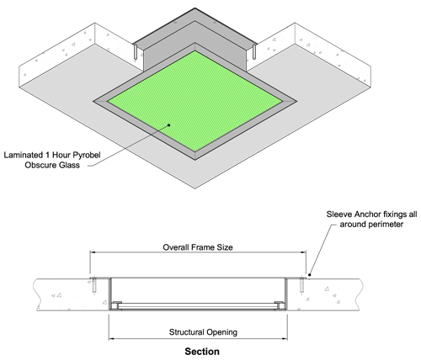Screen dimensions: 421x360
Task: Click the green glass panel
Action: [195, 101]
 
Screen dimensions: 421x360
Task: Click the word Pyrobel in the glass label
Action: [87, 155]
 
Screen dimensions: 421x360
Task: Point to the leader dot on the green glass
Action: [169, 125]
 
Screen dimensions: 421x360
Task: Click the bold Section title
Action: [202, 352]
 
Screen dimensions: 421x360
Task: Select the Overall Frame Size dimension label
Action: [198, 247]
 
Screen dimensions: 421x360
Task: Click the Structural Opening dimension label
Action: [203, 332]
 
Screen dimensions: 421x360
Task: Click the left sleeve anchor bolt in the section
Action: [94, 285]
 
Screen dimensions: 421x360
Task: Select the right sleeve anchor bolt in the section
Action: [302, 285]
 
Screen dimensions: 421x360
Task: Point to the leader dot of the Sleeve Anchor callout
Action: [310, 274]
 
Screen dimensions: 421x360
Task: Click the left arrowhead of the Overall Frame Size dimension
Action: [93, 252]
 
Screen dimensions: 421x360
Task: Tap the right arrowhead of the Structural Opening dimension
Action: [285, 339]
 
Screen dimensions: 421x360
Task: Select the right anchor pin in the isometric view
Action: [254, 52]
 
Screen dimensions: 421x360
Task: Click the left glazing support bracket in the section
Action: [117, 305]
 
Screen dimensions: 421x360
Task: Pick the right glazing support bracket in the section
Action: [280, 305]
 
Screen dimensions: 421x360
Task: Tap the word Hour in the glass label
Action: [61, 155]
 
